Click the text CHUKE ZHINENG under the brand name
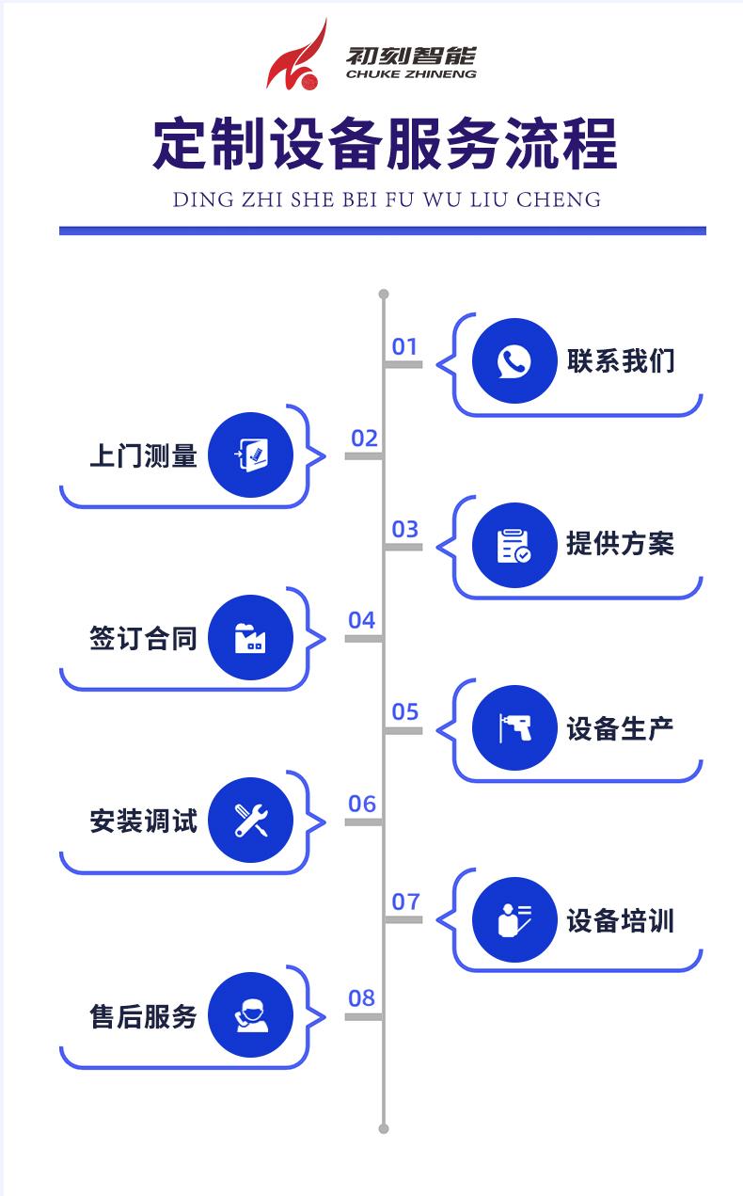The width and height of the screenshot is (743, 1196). pos(411,74)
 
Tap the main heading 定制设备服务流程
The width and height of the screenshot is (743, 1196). pos(385,144)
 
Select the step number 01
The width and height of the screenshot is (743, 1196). pos(404,346)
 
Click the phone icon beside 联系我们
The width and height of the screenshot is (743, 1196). pos(514,361)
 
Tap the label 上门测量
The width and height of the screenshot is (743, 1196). pos(143,455)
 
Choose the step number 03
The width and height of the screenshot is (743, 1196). pos(404,529)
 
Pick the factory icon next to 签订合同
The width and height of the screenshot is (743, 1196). pos(250,638)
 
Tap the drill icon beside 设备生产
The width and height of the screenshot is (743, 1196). pos(514,728)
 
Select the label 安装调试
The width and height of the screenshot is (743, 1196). pos(143,821)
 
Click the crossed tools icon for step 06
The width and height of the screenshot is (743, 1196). pos(250,821)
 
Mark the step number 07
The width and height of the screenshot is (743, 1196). pos(405,901)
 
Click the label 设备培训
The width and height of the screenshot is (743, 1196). pos(620,920)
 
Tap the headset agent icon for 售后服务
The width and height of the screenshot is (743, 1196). pos(250,1015)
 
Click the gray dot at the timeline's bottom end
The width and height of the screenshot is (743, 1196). pos(384,1127)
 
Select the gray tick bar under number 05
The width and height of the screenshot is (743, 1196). pos(403,730)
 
